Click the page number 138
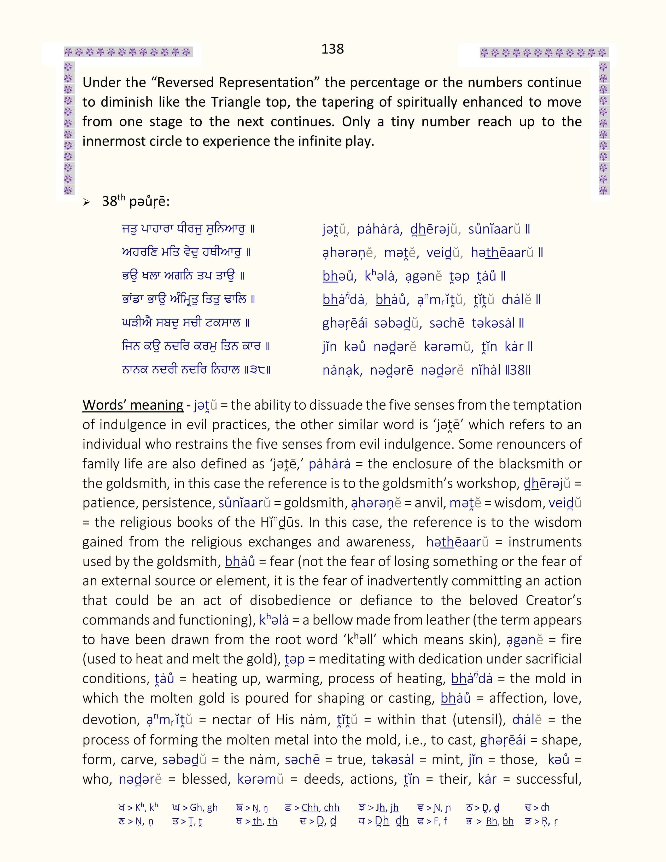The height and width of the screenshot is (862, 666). pyautogui.click(x=332, y=49)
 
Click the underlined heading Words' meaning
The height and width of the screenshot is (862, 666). pyautogui.click(x=133, y=405)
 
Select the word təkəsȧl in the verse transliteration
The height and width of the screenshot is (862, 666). pyautogui.click(x=493, y=323)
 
